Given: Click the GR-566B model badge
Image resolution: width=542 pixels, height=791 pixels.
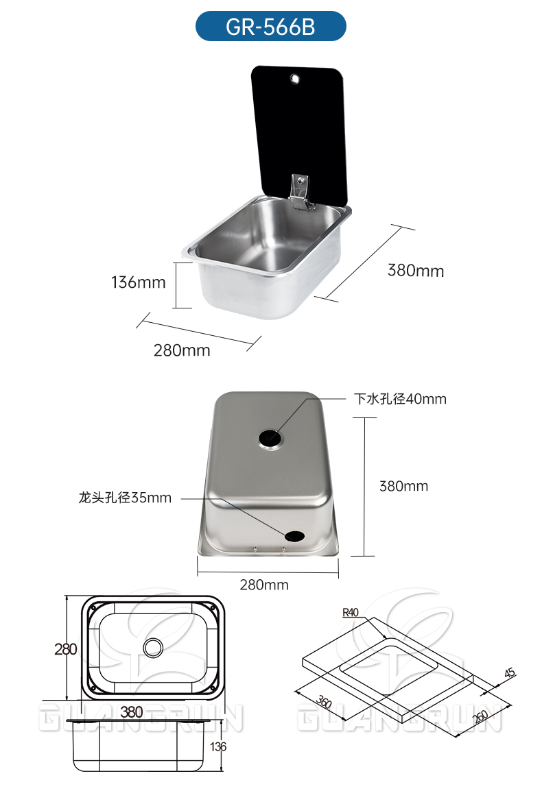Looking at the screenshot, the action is (271, 26).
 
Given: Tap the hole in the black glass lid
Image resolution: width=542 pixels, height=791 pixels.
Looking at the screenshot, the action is (295, 79).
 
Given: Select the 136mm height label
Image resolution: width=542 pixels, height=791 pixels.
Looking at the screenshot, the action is (139, 282).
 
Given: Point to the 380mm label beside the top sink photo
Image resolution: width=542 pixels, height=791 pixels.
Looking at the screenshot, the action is (416, 270).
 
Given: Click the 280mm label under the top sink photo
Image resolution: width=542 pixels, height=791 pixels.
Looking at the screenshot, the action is (182, 350).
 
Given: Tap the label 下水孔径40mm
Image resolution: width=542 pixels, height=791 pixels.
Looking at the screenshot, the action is (400, 399).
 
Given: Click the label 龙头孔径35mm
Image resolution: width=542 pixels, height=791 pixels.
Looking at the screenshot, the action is (125, 498).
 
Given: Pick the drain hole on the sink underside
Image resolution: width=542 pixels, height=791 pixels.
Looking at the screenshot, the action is (271, 437).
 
